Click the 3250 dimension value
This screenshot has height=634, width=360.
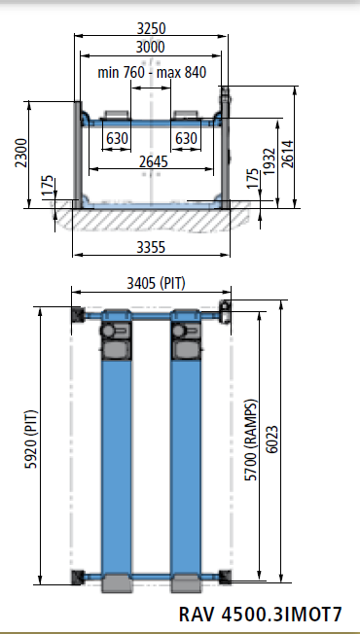click(151, 28)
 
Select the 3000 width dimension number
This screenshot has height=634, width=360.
click(151, 48)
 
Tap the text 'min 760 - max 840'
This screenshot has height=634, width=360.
click(152, 72)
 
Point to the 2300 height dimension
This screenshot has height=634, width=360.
click(21, 153)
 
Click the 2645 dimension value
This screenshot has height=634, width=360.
click(154, 161)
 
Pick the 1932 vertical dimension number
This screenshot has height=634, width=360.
click(269, 161)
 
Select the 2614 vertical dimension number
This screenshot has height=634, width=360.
click(287, 154)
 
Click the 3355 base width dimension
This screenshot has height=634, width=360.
click(151, 247)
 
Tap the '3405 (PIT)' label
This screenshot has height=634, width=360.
click(156, 283)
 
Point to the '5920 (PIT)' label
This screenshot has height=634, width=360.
click(31, 439)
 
